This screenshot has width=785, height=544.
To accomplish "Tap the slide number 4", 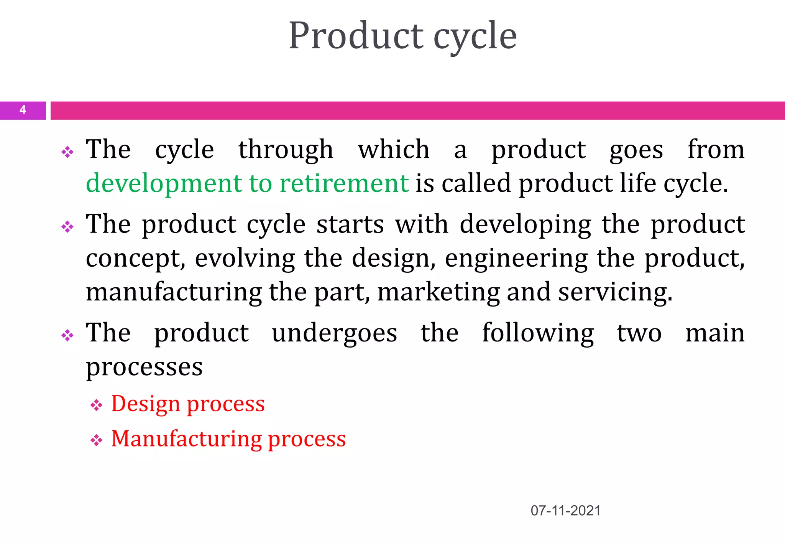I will (x=23, y=110).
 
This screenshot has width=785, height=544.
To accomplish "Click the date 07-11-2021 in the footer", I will (x=565, y=511).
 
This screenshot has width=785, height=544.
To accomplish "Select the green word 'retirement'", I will (x=344, y=183).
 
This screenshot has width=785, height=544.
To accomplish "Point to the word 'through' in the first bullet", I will (x=286, y=150).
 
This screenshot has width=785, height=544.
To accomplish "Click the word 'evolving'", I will (x=245, y=259).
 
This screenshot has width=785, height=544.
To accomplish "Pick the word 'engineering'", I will (x=516, y=259).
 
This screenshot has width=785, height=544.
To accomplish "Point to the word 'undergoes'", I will (x=334, y=333).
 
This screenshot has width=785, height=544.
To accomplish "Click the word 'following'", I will (x=538, y=333).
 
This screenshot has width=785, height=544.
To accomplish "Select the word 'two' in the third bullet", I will (x=639, y=333).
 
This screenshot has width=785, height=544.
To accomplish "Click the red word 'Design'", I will (x=145, y=404).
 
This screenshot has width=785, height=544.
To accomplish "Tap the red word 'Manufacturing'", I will (x=186, y=438).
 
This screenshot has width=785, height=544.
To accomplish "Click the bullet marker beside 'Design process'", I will (x=96, y=405).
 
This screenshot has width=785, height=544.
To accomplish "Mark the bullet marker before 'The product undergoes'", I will (x=67, y=336).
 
